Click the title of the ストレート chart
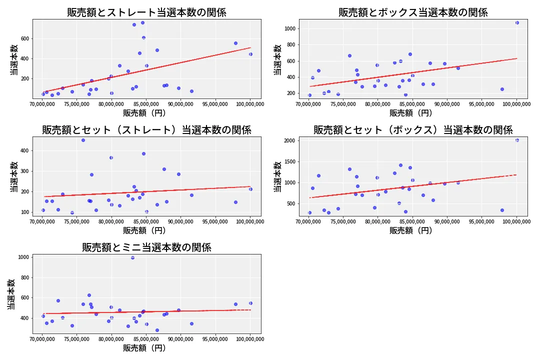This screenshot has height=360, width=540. pos(146,12)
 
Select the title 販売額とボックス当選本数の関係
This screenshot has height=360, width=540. pos(413,12)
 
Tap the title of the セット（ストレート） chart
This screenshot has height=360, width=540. pos(146,130)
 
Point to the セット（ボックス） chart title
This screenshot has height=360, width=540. pos(413,130)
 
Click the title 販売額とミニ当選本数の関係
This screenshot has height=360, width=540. pos(146,247)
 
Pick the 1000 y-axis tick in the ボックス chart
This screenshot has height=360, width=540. pos(288,28)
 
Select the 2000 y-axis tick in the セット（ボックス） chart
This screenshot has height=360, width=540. pos(288,141)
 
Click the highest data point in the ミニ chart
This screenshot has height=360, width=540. pos(132,257)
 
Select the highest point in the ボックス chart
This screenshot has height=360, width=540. pos(517,22)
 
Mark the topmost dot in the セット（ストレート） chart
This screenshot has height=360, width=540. pos(83,140)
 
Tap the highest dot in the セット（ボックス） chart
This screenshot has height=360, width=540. pos(517,140)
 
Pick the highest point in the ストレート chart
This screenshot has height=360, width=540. pos(142,22)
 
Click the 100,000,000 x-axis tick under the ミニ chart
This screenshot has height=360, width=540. pos(250,339)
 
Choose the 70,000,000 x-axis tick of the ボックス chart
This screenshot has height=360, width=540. pos(309,104)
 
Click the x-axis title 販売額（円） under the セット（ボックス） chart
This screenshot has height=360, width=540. pos(411,230)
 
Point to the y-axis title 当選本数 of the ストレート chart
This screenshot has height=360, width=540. pos(14,59)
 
